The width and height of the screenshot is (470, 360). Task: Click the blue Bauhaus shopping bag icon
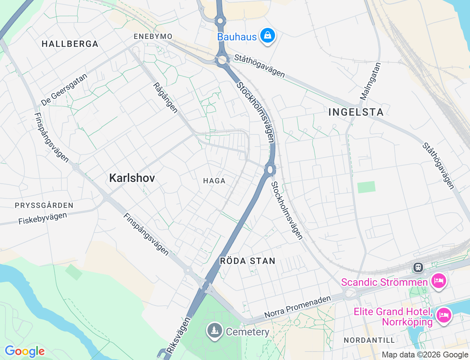click(268, 36)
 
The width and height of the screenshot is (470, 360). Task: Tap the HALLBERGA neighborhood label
click(70, 44)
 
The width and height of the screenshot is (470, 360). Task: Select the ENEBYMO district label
click(153, 36)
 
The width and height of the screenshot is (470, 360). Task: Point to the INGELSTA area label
click(356, 112)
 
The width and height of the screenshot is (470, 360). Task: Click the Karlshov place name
click(132, 178)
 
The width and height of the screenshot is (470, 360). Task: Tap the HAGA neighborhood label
click(214, 181)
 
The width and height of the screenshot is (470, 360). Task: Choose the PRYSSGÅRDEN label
click(44, 205)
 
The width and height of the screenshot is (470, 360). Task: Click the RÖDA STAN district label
click(247, 261)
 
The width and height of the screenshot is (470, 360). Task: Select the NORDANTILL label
click(369, 340)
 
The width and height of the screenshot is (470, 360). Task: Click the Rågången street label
click(166, 98)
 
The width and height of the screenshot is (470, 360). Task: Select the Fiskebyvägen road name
click(43, 218)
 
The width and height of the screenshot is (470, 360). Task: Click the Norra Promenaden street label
click(297, 307)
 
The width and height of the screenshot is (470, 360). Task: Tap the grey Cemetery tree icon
click(214, 330)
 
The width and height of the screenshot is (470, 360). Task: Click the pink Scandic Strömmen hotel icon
click(438, 281)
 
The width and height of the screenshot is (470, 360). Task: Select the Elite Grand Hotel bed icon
click(444, 315)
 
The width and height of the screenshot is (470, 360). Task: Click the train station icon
click(418, 267)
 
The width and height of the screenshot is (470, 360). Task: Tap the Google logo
click(25, 352)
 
